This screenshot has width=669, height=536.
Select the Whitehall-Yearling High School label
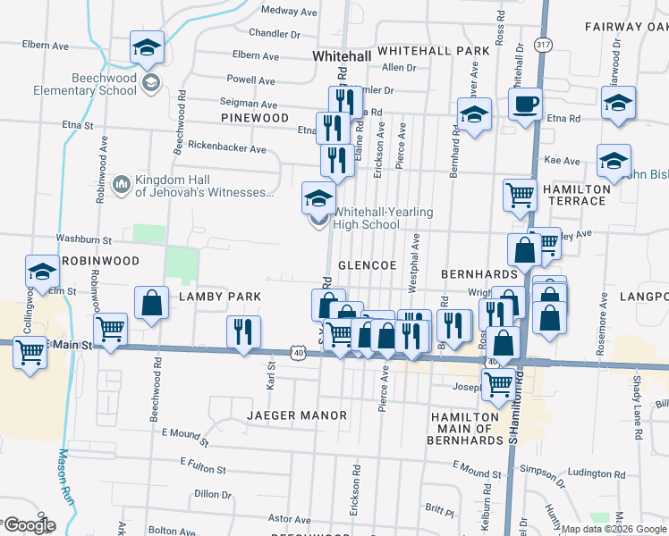[x=383, y=218]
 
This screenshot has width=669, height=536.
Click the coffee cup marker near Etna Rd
[x=526, y=103]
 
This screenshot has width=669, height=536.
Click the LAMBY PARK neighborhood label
[x=219, y=296]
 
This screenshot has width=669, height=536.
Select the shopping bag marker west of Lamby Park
[x=151, y=302]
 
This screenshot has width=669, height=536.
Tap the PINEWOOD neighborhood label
[x=255, y=118]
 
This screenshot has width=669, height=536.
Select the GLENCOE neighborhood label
[x=367, y=266]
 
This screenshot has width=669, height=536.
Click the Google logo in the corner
[x=30, y=525]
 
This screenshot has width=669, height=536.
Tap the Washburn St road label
[x=83, y=239]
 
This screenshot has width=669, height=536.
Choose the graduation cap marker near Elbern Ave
[x=147, y=48]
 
